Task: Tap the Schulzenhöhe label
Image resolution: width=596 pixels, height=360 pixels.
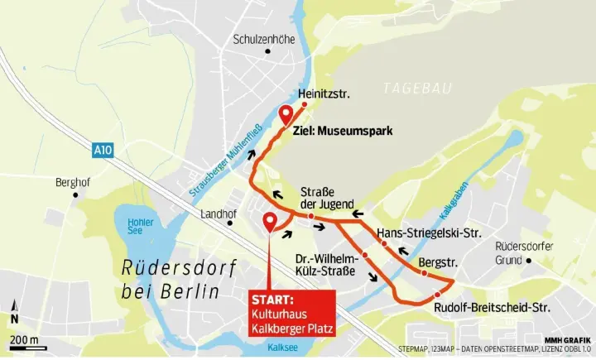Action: pyautogui.click(x=265, y=40)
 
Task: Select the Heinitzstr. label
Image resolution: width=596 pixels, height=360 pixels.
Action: pyautogui.click(x=324, y=94)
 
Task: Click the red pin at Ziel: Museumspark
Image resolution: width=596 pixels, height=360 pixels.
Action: pyautogui.click(x=286, y=115)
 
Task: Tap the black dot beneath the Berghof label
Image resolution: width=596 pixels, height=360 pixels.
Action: pyautogui.click(x=76, y=195)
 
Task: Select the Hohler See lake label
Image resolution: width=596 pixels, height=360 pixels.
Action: pyautogui.click(x=141, y=228)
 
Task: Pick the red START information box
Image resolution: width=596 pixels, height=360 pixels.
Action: pyautogui.click(x=292, y=313)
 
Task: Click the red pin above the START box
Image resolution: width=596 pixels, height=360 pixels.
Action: pyautogui.click(x=270, y=222)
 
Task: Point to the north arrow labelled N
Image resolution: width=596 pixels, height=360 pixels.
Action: pyautogui.click(x=14, y=317)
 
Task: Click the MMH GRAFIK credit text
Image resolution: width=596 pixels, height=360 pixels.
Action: pyautogui.click(x=567, y=339)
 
